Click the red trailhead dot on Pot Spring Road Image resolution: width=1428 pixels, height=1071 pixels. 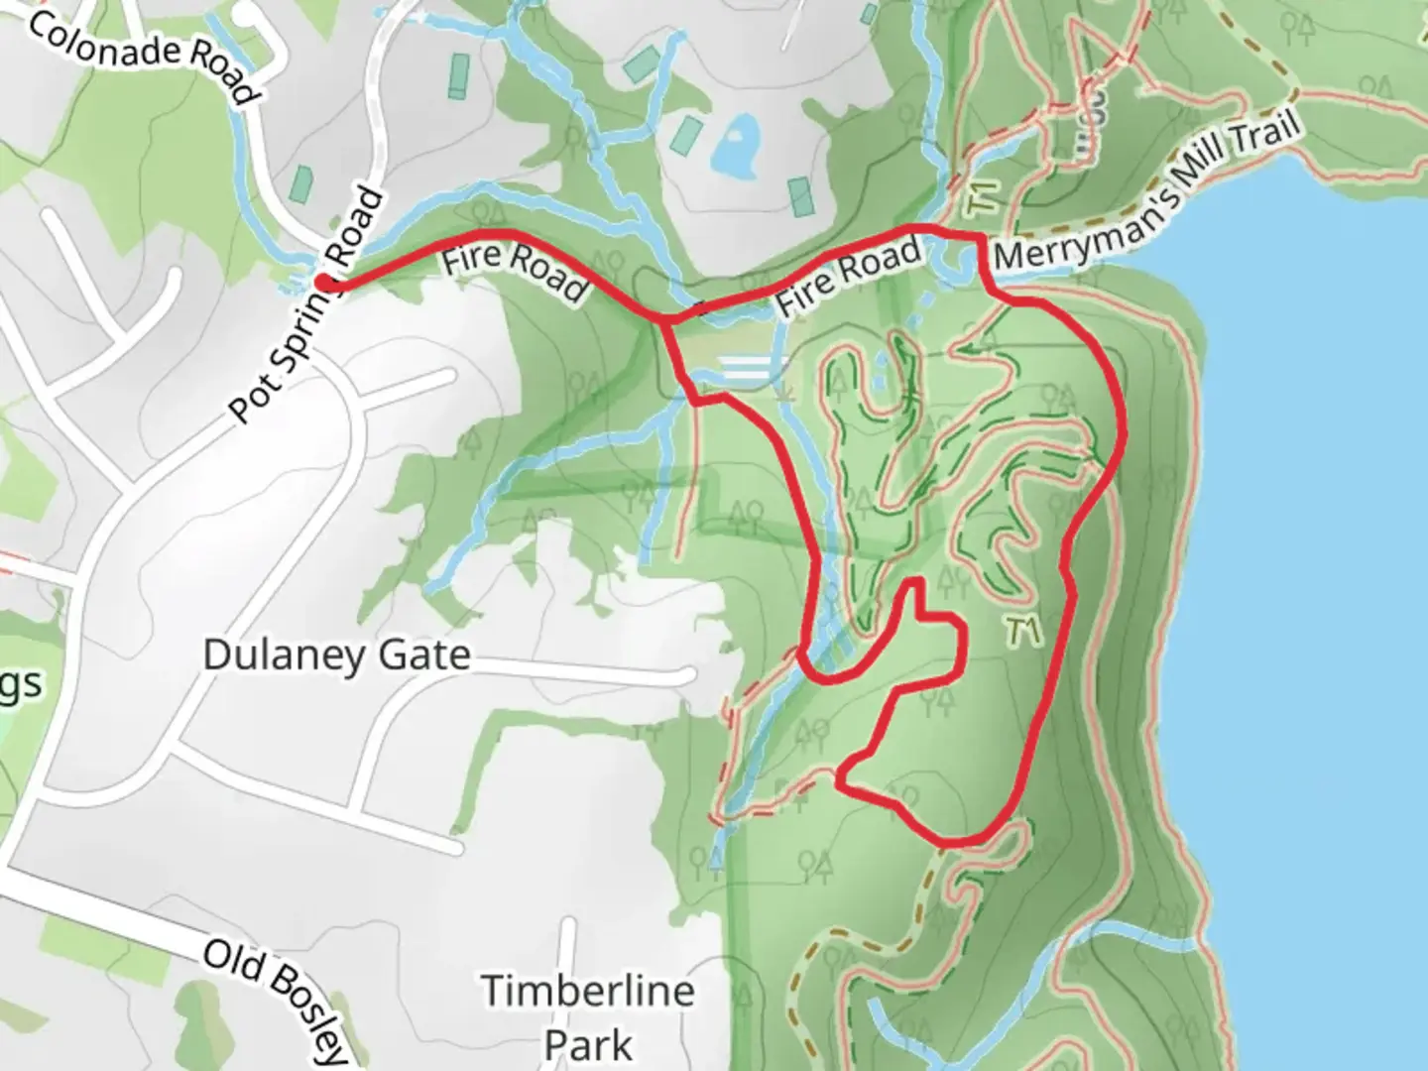[x=323, y=282]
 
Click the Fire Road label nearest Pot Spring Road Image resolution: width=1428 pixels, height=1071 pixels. [x=513, y=271]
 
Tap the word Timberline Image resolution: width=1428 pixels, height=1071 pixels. [x=587, y=991]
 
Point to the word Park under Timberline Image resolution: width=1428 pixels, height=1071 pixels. [x=587, y=1044]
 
